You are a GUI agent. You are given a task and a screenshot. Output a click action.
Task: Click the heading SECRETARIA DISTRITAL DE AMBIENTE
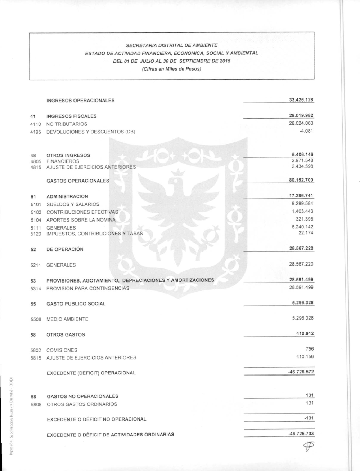[171, 45]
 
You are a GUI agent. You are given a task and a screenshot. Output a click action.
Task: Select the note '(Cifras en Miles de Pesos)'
[171, 69]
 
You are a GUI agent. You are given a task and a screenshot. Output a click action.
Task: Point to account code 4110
[36, 124]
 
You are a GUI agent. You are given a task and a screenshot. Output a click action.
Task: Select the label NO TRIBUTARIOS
[67, 124]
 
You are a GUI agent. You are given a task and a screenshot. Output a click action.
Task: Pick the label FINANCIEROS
[63, 161]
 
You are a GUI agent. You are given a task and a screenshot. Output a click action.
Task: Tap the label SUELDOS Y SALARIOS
[73, 204]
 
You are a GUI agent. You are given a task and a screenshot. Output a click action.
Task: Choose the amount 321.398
[304, 219]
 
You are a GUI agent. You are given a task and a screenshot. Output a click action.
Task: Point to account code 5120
[36, 234]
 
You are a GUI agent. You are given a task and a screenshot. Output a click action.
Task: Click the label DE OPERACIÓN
[65, 249]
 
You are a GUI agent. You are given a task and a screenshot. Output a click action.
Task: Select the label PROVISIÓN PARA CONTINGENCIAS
[88, 288]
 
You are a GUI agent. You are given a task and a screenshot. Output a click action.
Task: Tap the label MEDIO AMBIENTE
[67, 319]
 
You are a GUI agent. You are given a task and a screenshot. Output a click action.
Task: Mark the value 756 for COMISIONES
[309, 349]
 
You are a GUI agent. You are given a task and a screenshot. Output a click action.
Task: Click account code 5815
[36, 358]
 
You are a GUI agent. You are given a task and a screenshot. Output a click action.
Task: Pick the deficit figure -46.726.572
[301, 372]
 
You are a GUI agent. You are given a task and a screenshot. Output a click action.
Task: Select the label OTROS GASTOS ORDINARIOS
[82, 404]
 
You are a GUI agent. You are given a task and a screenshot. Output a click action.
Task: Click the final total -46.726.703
[301, 434]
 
